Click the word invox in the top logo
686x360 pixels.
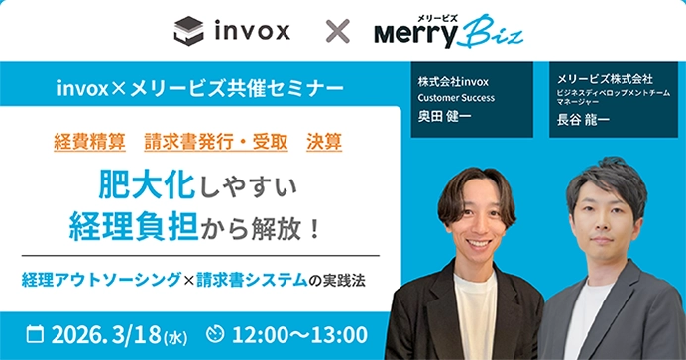tap(252, 31)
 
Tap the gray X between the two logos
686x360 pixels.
tap(338, 32)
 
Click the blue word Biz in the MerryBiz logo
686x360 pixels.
tap(494, 31)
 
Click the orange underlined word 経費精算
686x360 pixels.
tap(87, 141)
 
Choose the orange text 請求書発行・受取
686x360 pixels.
tap(216, 141)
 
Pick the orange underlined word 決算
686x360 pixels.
tap(324, 141)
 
